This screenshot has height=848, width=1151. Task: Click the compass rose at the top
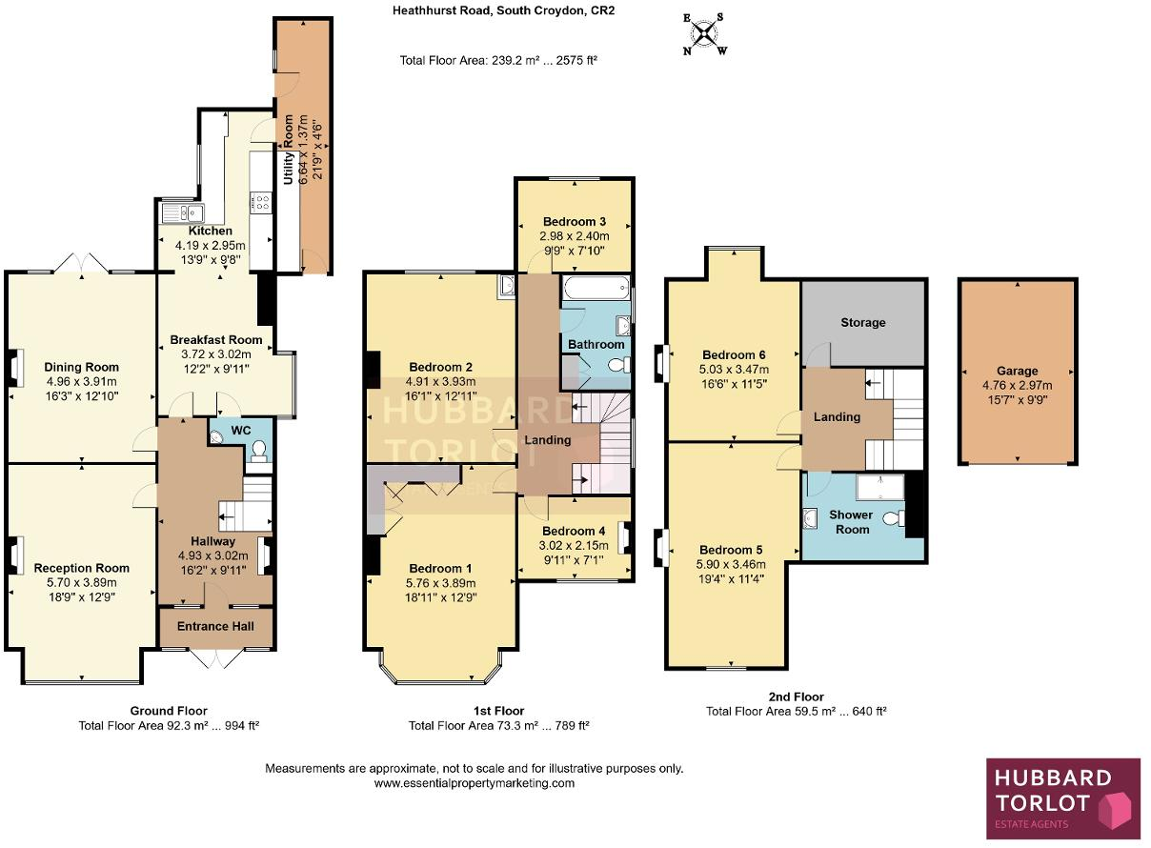tap(703, 34)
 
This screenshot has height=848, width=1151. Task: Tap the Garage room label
tap(1018, 371)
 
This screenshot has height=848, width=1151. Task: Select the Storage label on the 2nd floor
tap(862, 322)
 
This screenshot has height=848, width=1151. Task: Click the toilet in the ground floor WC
tap(256, 455)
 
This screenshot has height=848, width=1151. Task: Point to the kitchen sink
tap(178, 212)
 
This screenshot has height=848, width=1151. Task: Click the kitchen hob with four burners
tap(260, 202)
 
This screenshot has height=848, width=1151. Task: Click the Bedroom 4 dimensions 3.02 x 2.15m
tap(574, 546)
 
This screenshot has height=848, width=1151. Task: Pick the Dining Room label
tap(82, 367)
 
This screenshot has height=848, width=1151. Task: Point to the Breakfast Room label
tap(215, 339)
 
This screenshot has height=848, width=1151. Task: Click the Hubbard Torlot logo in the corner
tap(1062, 798)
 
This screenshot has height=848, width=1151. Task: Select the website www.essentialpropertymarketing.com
tap(474, 783)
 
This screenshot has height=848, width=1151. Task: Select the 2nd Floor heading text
tap(796, 697)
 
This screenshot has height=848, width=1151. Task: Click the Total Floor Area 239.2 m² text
tap(498, 60)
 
